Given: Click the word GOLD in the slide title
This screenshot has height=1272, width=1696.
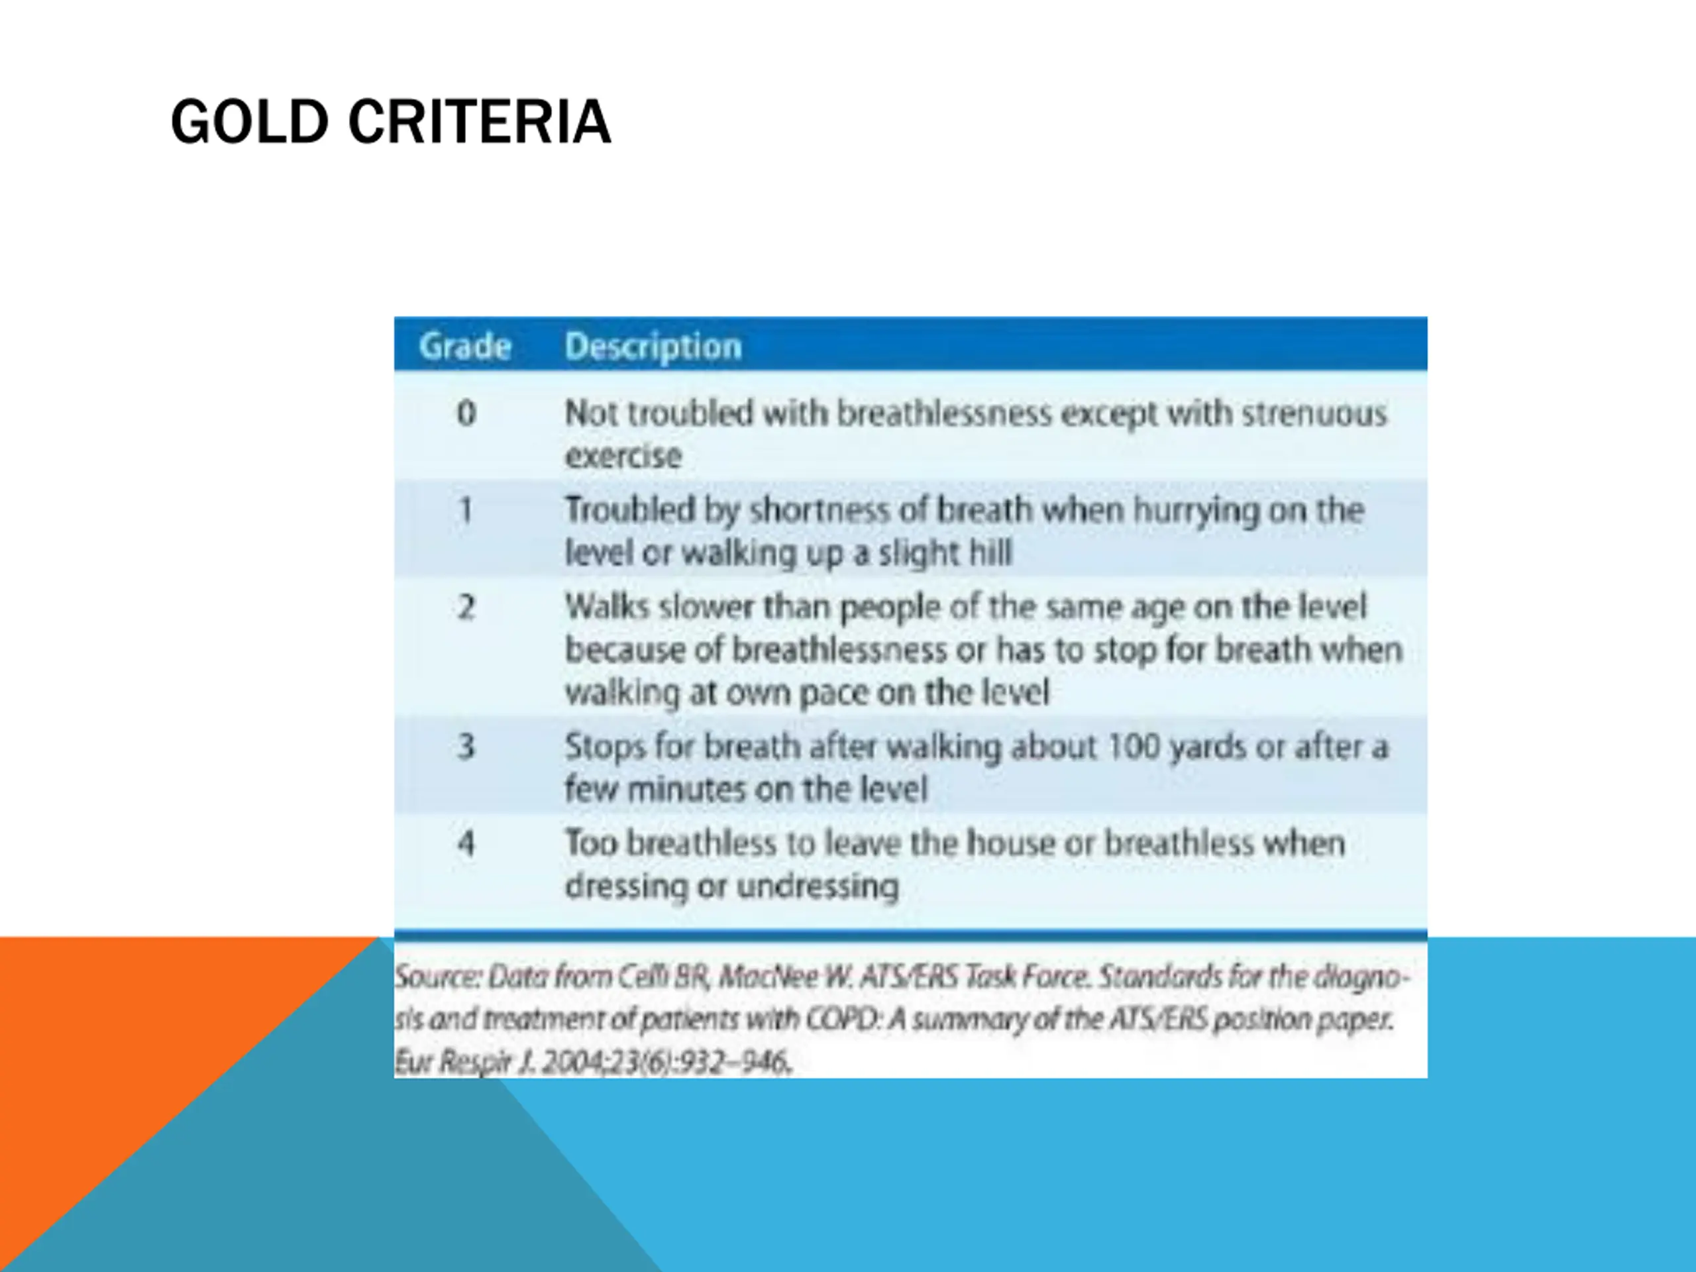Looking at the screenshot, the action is pos(250,122).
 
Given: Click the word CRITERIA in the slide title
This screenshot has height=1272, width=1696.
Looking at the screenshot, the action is pos(480,122).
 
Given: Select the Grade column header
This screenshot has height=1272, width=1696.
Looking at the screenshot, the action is pos(465,346).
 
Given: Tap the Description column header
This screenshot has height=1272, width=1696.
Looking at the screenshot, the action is pos(653,347).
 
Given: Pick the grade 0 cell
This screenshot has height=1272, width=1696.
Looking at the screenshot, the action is pos(466,413).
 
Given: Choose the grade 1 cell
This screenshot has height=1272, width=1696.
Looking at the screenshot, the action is pos(465,510).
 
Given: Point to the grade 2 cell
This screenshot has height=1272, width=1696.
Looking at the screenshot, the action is pos(466,608).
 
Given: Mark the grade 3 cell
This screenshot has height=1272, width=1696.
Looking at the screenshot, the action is pos(466,747).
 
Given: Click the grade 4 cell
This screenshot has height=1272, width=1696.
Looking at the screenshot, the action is pos(466,843).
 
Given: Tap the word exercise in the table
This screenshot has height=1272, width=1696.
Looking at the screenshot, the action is pos(623,456).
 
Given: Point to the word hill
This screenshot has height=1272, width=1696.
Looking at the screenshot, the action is pos(990,552).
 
